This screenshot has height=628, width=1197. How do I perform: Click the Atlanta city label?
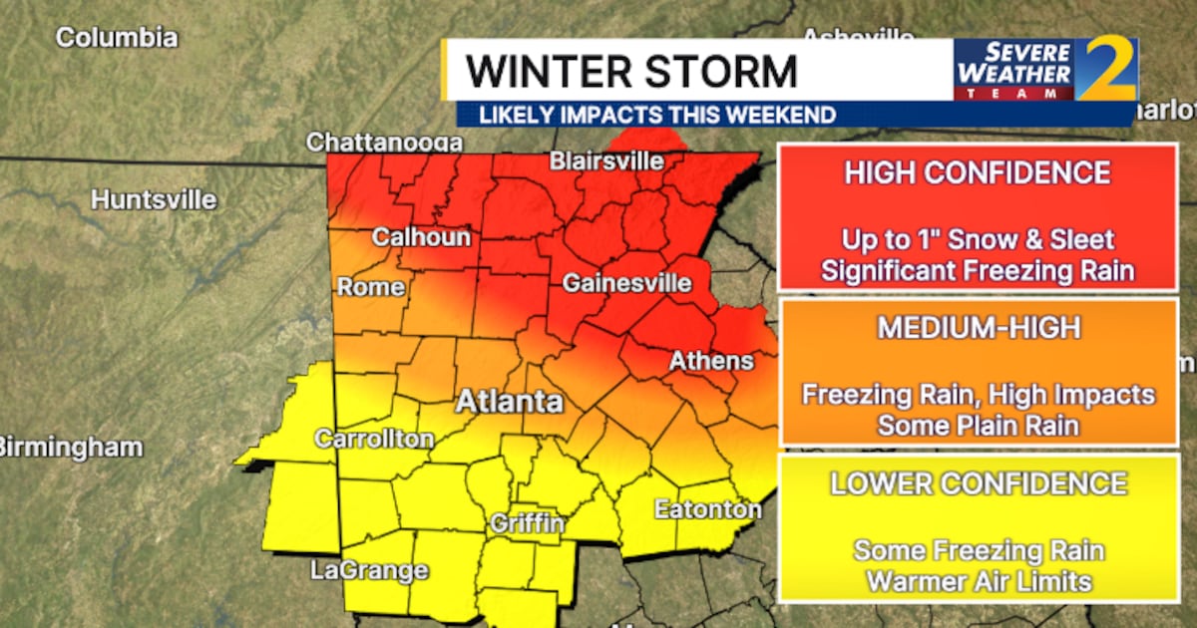pos(510,403)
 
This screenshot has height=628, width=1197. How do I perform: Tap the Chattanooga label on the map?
pos(384,143)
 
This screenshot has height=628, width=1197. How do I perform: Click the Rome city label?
pos(371,287)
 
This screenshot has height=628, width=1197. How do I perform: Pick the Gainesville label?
pos(626,283)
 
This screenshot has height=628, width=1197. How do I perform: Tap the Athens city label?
pos(711,360)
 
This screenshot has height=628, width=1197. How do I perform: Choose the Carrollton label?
pos(374,439)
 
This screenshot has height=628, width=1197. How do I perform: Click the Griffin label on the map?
pos(528,522)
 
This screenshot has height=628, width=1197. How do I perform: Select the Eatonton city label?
pos(707,509)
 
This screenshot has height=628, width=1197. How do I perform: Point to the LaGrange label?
pos(369,570)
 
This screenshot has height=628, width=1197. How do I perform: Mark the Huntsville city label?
pos(154,199)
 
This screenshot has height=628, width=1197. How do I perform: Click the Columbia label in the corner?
pos(117,38)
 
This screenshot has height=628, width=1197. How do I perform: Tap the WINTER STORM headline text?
pos(632,72)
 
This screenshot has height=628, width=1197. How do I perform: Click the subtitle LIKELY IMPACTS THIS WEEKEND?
pos(656,115)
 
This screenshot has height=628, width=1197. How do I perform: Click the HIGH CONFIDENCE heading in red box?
pos(977,172)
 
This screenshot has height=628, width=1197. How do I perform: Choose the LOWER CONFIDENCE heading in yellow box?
pos(978,483)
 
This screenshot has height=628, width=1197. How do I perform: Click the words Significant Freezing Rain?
pos(978,269)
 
